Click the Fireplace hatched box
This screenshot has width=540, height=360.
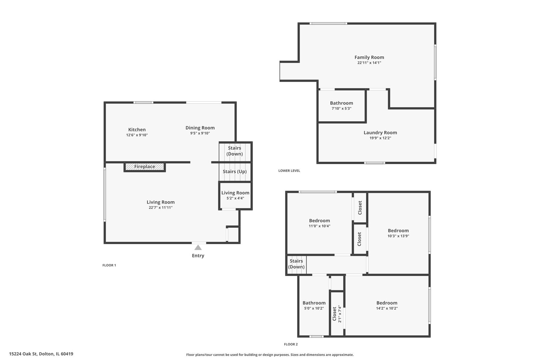pos(145,167)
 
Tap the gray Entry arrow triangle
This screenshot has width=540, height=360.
pos(198,248)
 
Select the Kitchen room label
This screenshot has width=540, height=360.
pos(137,130)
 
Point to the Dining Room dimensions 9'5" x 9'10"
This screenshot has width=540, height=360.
pos(200,133)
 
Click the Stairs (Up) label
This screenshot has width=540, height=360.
pos(235,172)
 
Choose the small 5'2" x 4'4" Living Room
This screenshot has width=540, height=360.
pos(235,195)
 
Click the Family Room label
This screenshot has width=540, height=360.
pos(369,57)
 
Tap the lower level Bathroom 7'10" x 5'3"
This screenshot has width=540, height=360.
pos(341,106)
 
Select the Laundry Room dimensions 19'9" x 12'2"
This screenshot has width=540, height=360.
pos(380,138)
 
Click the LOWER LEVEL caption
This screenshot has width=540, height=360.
pos(289,171)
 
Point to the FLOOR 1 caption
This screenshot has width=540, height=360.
pos(109,265)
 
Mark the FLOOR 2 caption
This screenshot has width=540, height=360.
pos(291,344)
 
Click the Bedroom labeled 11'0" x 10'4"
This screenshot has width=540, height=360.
pos(319,223)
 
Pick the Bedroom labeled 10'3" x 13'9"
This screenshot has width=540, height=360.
pos(398,233)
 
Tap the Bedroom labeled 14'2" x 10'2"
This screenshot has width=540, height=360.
pos(387,305)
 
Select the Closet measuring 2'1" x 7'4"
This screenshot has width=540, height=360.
pos(337,314)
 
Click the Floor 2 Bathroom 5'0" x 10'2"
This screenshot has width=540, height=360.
pos(314,305)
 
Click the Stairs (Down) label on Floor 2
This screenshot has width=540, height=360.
pos(296,264)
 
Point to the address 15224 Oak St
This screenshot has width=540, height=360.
pos(41,354)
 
